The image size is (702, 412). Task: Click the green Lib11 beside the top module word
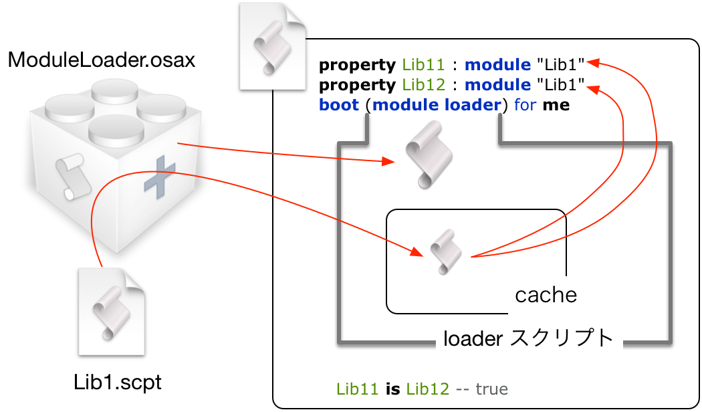[423, 65]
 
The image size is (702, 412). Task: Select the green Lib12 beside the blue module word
[423, 85]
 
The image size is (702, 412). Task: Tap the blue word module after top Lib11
[497, 65]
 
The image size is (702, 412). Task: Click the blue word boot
[339, 105]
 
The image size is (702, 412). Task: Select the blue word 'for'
[525, 105]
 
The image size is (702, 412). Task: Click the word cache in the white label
[546, 295]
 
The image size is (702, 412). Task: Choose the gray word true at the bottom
[491, 389]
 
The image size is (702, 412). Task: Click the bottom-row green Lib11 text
[357, 389]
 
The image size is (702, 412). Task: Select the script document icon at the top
[272, 47]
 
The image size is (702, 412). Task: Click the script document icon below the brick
[111, 312]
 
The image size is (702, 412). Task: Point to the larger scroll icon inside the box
[429, 154]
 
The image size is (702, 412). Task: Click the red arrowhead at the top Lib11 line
[592, 63]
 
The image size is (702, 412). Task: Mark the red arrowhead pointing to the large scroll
[387, 161]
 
